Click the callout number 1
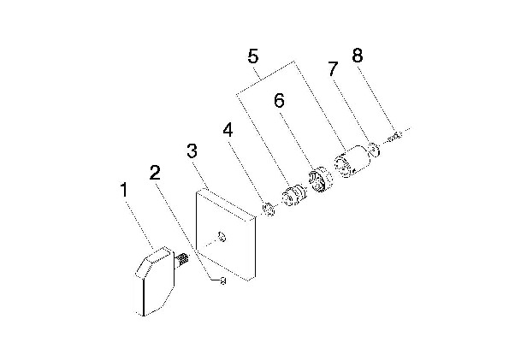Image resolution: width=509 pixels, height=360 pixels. (x=124, y=190)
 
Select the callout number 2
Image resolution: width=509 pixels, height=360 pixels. (x=155, y=173)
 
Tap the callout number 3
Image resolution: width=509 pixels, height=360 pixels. (x=192, y=150)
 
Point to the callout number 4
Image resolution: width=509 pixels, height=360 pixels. (x=228, y=130)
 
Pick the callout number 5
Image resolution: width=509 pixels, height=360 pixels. (x=253, y=56)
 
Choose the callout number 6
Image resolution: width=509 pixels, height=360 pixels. (x=279, y=100)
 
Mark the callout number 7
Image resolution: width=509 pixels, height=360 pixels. (x=333, y=68)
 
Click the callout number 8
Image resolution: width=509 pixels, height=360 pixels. (x=357, y=56)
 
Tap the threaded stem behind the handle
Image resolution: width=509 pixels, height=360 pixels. (x=182, y=260)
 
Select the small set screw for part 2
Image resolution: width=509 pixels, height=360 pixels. (x=222, y=280)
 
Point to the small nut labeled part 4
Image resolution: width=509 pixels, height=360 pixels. (x=269, y=209)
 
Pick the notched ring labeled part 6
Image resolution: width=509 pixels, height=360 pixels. (x=320, y=180)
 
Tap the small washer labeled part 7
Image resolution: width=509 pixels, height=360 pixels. (x=375, y=150)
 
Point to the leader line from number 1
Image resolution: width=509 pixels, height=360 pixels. (x=139, y=223)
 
